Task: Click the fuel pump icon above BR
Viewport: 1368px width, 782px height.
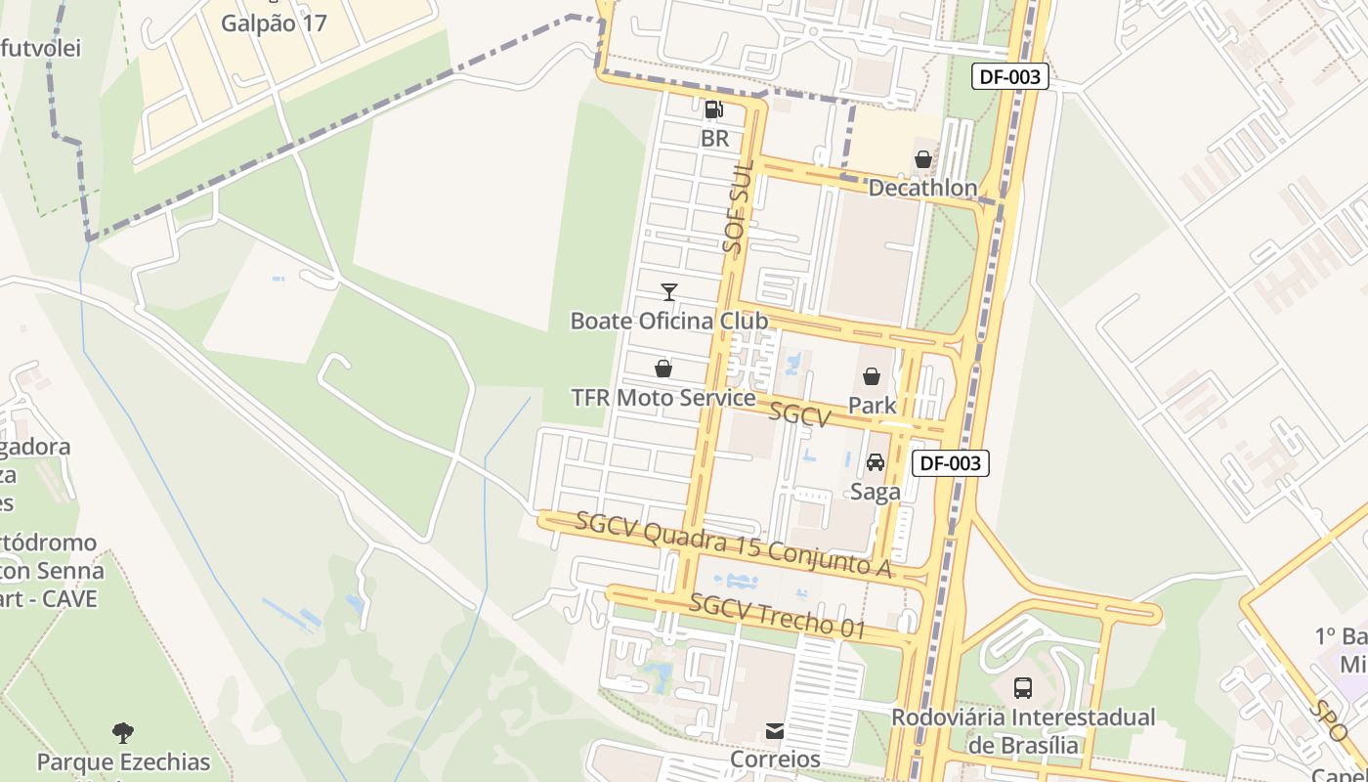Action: [x=714, y=109]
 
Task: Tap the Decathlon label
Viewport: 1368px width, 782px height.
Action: [x=922, y=188]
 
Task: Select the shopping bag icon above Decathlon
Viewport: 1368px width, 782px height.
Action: [x=922, y=158]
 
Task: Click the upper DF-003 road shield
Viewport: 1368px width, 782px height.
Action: [x=1009, y=76]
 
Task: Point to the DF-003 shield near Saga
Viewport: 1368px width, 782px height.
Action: [x=950, y=463]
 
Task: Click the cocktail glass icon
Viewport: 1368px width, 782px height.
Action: [x=668, y=291]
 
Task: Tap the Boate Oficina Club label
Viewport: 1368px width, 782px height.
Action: [x=668, y=321]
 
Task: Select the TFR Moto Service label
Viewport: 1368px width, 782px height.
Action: [x=663, y=398]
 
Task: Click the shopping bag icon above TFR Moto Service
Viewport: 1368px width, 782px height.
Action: [x=663, y=369]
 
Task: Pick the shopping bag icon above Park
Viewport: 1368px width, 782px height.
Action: [x=872, y=376]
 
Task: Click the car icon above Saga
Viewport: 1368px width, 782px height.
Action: [x=876, y=462]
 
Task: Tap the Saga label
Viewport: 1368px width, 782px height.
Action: [x=875, y=492]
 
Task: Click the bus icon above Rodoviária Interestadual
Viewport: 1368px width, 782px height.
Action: [x=1022, y=688]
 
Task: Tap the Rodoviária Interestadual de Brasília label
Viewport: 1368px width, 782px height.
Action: [x=1023, y=731]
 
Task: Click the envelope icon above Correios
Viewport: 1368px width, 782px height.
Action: [x=775, y=730]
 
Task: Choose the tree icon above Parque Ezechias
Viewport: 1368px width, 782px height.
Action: [x=123, y=732]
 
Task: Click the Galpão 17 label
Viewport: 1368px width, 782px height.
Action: [x=274, y=23]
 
